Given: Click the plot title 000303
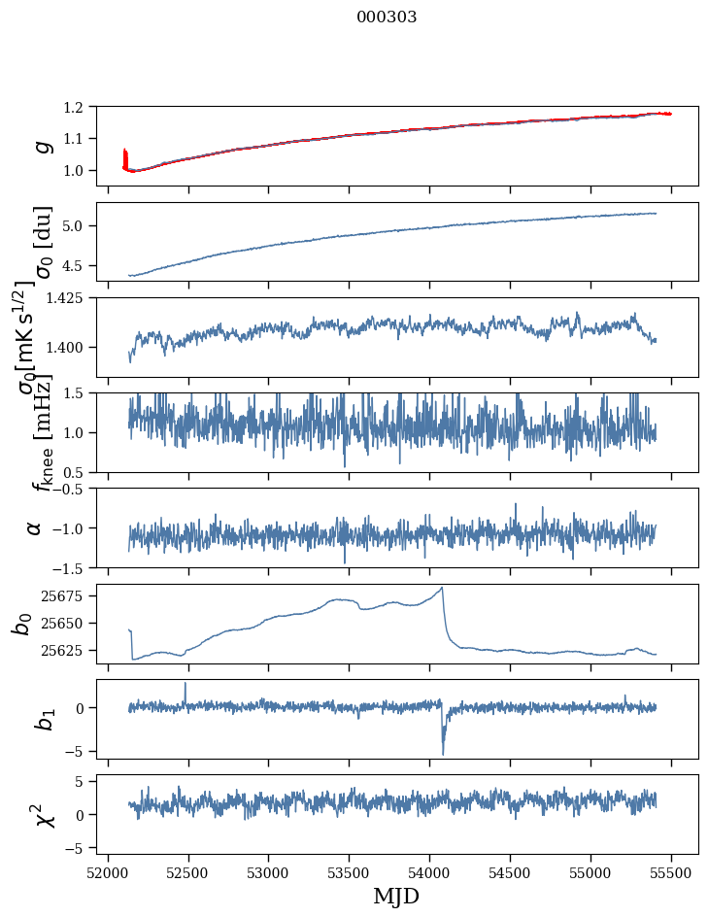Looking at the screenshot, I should (x=387, y=17).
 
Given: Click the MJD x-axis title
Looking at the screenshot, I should (x=397, y=897).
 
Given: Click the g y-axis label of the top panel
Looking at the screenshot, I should (x=42, y=146).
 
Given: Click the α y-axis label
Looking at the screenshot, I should (x=35, y=527).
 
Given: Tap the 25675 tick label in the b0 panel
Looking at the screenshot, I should (x=69, y=595).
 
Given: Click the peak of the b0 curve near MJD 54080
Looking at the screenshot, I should (x=443, y=588).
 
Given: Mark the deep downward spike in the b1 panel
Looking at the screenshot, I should (x=443, y=753).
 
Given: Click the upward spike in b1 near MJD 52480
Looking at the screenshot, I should (x=185, y=684).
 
